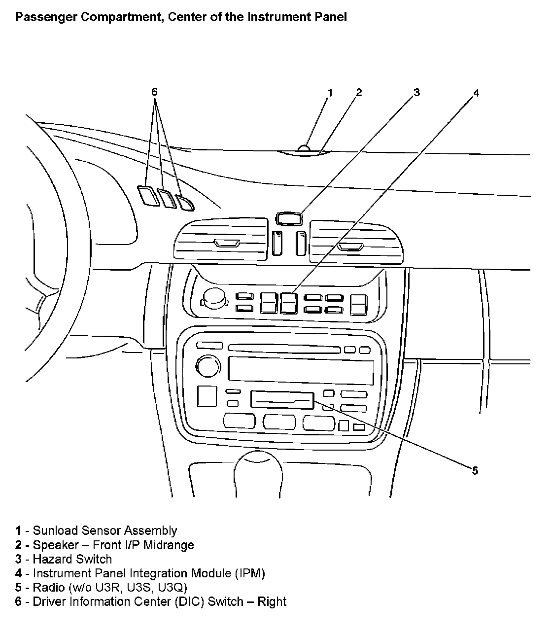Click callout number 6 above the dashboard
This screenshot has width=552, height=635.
(154, 92)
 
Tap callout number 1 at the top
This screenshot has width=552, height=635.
(330, 92)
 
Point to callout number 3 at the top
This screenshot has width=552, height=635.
(416, 92)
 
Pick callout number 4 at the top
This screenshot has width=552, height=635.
(476, 93)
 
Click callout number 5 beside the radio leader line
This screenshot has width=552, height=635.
(475, 470)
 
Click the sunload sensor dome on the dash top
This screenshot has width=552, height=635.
(304, 147)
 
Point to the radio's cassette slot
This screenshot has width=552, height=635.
(282, 400)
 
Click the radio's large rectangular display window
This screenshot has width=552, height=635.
(301, 370)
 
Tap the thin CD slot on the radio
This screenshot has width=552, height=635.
(284, 349)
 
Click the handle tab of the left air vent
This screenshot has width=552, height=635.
(227, 243)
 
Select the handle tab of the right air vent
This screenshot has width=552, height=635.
(350, 246)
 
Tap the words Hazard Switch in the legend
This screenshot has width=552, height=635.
(72, 559)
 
